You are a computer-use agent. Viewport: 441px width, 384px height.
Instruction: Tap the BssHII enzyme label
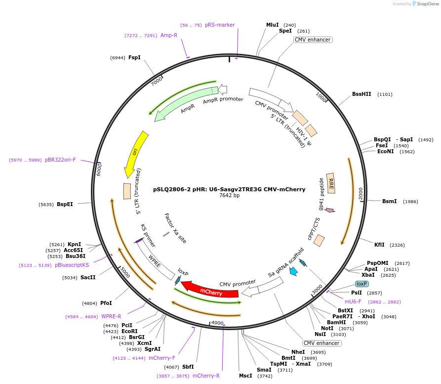(361, 94)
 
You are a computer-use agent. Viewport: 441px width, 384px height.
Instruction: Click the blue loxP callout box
(362, 284)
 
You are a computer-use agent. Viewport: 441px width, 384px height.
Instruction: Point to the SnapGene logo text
(427, 4)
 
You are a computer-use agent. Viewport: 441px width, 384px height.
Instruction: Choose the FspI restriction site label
(134, 57)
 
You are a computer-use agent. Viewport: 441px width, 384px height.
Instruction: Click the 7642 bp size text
(229, 196)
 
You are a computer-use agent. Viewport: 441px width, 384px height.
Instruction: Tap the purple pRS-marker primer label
(220, 25)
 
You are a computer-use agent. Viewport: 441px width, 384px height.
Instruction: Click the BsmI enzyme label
(389, 201)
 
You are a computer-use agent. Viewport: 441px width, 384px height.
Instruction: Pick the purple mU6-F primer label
(353, 301)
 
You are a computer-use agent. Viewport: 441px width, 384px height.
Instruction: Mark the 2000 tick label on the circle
(360, 191)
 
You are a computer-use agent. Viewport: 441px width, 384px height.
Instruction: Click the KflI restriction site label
(379, 245)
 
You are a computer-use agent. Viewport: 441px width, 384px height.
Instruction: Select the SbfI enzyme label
(188, 367)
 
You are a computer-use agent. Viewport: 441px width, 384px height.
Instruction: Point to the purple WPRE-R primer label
(111, 316)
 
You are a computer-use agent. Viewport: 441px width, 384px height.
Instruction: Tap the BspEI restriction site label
(65, 204)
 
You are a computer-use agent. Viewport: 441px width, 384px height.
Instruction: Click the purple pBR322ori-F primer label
(60, 160)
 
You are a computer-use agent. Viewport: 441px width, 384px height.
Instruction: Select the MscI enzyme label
(245, 376)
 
